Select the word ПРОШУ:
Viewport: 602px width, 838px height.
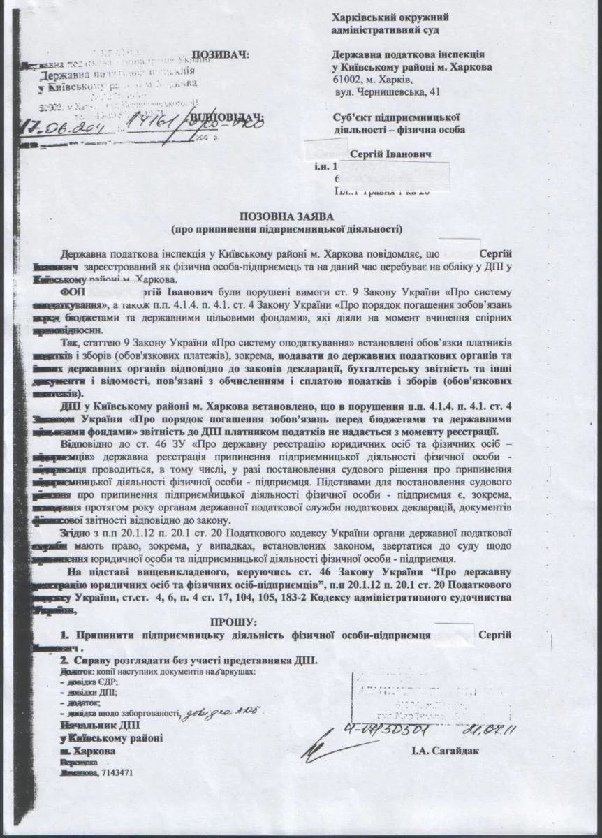[233, 622]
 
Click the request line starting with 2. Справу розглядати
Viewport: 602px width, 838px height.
[189, 659]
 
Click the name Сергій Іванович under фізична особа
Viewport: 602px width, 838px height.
[388, 154]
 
